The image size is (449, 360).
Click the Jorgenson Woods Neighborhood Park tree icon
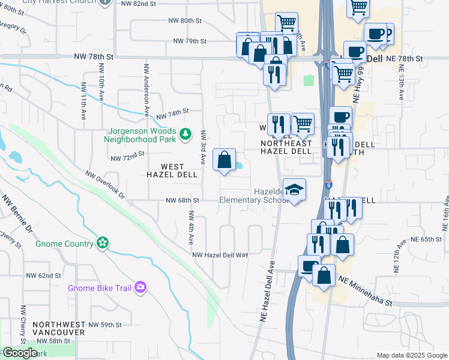[x=185, y=132]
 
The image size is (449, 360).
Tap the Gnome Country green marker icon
[x=103, y=243]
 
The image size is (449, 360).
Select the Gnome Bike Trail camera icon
[x=140, y=287]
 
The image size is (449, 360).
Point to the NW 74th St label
[x=172, y=112]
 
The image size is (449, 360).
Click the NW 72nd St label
[x=128, y=155]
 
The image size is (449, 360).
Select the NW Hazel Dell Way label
[x=220, y=255]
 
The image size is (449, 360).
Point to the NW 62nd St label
[x=44, y=275]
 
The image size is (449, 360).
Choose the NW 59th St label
[x=105, y=325]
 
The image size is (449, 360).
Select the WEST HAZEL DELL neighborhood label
[x=173, y=170]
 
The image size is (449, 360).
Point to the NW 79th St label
[x=190, y=41]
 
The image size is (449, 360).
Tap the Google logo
[x=19, y=353]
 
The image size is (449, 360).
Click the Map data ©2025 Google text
[x=411, y=355]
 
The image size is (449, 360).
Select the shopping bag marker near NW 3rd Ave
[x=224, y=161]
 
